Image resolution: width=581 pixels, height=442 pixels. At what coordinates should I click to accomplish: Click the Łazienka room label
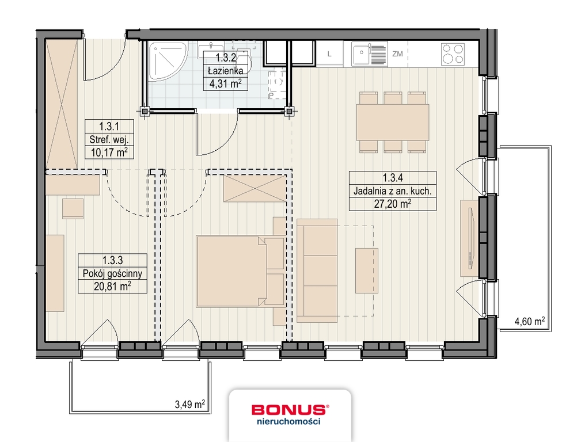(x=225, y=71)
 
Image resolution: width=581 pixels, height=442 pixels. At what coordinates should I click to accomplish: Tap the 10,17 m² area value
(x=109, y=153)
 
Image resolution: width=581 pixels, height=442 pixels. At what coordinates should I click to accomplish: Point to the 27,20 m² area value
(x=391, y=204)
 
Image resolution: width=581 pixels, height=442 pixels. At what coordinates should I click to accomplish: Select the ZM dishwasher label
(x=397, y=55)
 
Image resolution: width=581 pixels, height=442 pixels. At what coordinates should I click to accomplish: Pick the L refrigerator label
(x=329, y=55)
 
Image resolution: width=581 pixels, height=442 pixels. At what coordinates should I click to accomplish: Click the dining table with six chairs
(x=393, y=122)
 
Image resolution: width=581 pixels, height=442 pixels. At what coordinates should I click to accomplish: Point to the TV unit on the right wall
(x=467, y=238)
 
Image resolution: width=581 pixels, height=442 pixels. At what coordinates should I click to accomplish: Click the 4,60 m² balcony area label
(x=529, y=322)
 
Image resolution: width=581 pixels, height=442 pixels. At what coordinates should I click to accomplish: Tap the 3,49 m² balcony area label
(x=189, y=405)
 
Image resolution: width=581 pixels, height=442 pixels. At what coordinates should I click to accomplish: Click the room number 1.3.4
(x=391, y=178)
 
